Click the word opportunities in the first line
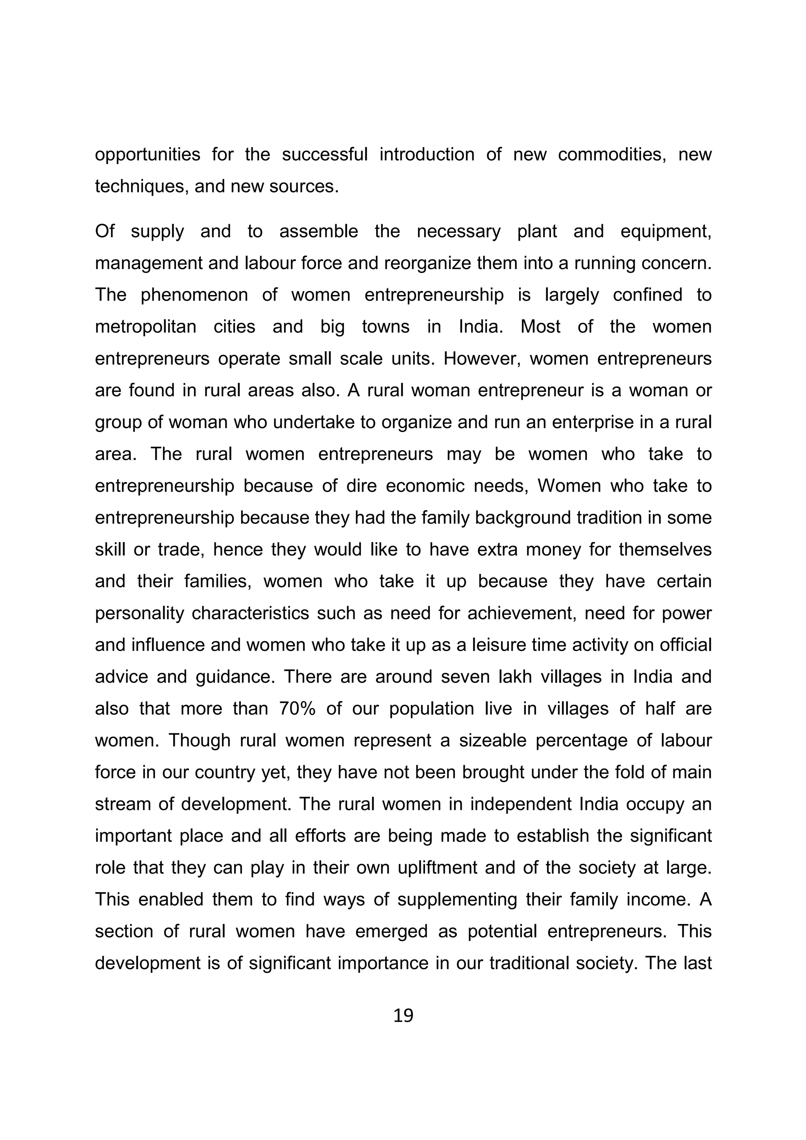click(x=148, y=155)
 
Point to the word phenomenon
click(x=194, y=295)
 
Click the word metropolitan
click(x=146, y=327)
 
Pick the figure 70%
click(x=296, y=708)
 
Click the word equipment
click(x=666, y=232)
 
